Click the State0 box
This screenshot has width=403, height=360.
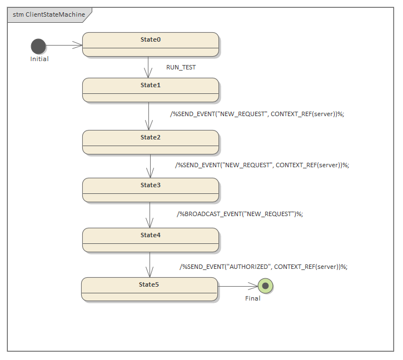point(150,44)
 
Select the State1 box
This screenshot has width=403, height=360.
point(150,90)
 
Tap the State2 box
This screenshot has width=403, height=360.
point(150,142)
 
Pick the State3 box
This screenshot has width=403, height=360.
point(150,190)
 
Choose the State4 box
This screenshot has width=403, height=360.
point(150,240)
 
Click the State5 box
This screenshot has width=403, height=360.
point(149,289)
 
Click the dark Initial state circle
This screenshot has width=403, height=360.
point(38,46)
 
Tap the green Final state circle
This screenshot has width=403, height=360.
point(266,286)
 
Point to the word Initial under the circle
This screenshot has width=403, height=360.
point(39,59)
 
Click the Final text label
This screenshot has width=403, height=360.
point(253,298)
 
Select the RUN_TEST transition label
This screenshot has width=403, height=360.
point(181,67)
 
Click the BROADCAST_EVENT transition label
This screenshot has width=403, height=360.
point(240,214)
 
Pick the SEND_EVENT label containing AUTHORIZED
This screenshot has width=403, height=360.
point(263,267)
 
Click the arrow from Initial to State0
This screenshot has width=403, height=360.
point(63,46)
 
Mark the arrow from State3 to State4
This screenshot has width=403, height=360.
point(150,214)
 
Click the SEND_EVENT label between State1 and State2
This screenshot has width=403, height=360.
point(257,114)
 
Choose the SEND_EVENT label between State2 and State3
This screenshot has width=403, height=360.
point(262,165)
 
